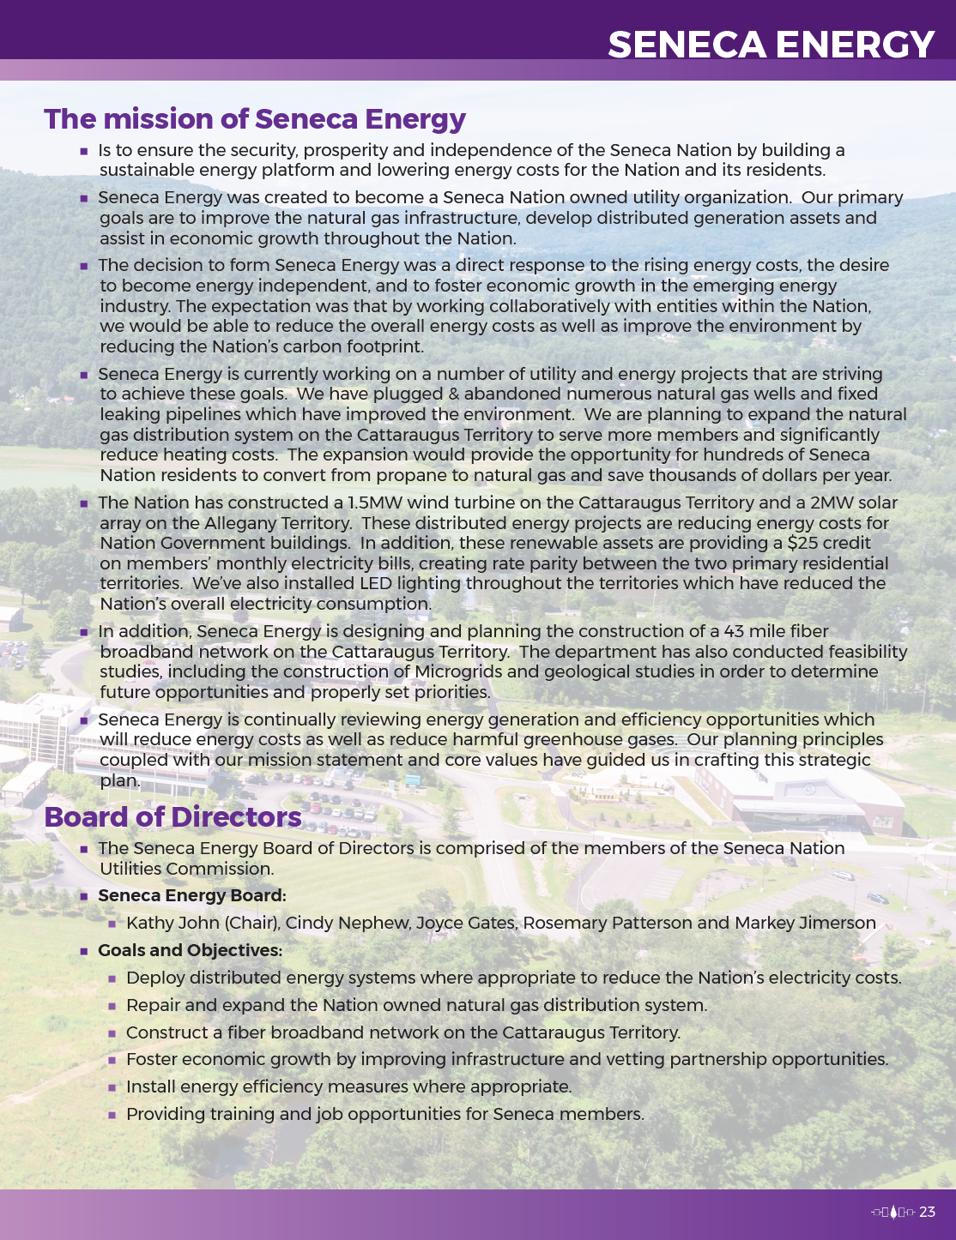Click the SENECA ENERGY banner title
(x=771, y=45)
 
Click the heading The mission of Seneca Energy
(x=255, y=118)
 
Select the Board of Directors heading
(x=172, y=816)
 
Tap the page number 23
(x=927, y=1212)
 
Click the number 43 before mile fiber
(x=734, y=631)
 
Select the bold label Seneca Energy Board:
(x=191, y=895)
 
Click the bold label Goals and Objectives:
(x=190, y=950)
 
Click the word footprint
(x=383, y=346)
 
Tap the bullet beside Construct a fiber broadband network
(x=112, y=1033)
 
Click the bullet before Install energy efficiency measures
(x=112, y=1087)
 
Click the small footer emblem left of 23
(x=892, y=1212)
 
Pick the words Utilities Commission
(x=185, y=869)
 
